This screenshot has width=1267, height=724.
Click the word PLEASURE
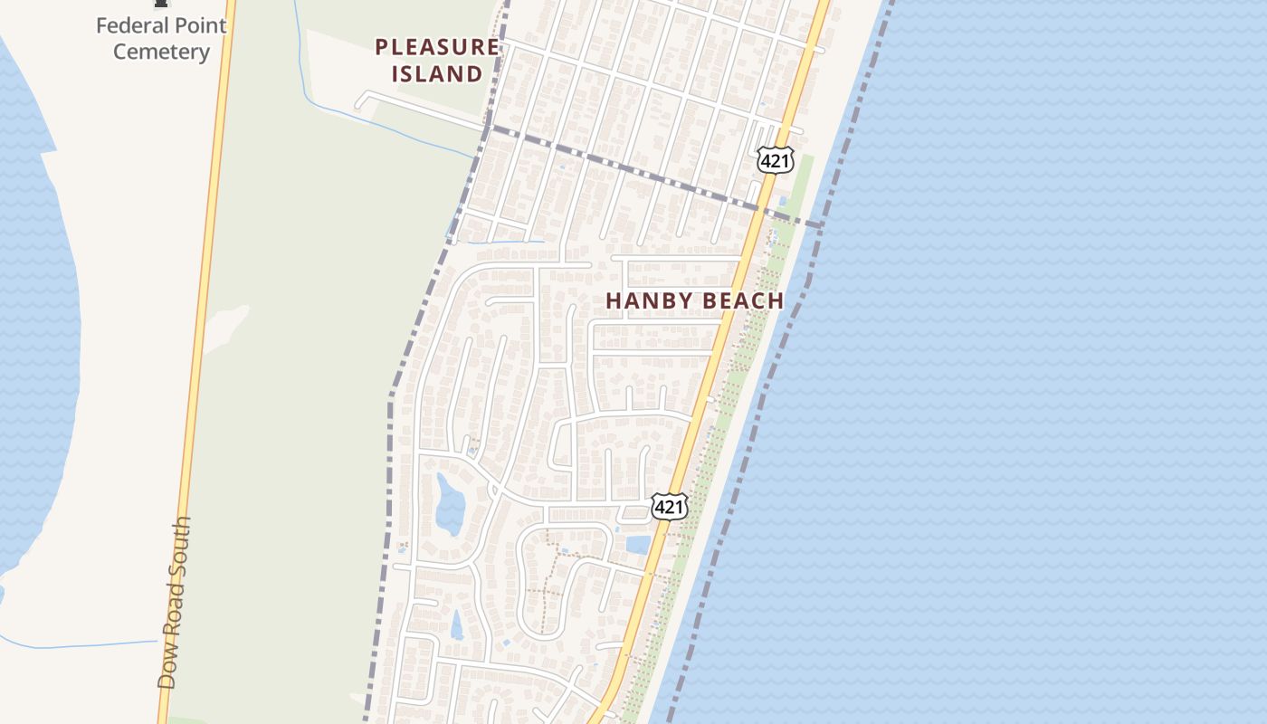(x=436, y=47)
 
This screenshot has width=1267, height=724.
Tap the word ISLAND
(x=436, y=74)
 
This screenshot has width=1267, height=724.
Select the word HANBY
(x=641, y=301)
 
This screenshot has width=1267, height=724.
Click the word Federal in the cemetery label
(x=132, y=25)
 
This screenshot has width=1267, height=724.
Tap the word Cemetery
(x=161, y=52)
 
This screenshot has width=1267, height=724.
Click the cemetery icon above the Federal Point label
(x=161, y=5)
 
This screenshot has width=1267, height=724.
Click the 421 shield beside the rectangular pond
(x=669, y=507)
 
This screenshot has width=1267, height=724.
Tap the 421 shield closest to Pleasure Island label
(x=775, y=161)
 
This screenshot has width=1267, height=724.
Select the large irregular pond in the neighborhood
(x=449, y=503)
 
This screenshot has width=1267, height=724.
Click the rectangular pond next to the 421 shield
(x=637, y=545)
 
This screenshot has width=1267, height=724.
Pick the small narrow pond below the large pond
(x=457, y=624)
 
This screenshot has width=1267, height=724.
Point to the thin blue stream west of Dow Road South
(x=81, y=646)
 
